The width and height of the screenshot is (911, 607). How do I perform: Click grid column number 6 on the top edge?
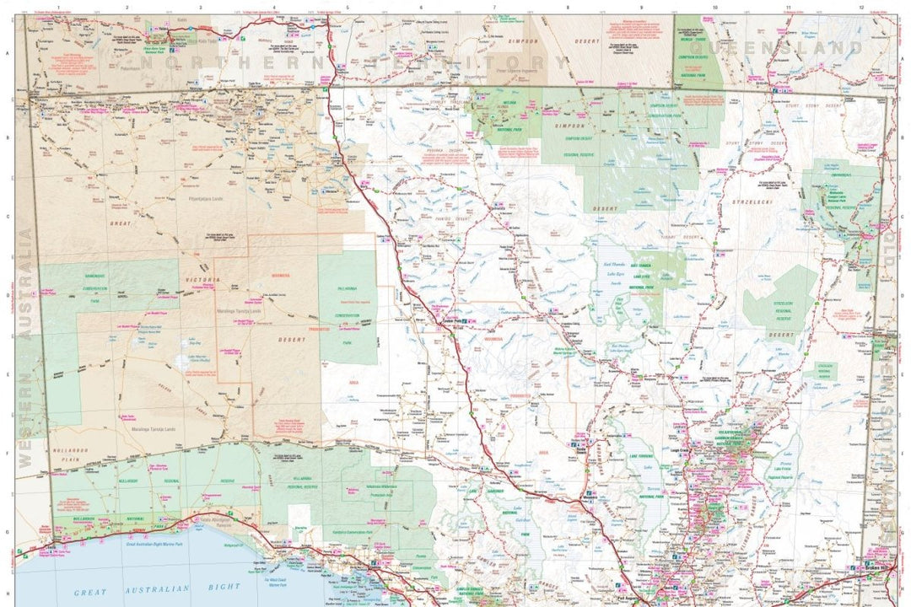point(421,8)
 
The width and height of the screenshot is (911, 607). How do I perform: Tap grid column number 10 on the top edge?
point(714,8)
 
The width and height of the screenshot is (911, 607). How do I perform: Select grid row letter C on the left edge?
point(8,217)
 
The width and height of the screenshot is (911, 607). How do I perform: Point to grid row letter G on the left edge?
point(8,533)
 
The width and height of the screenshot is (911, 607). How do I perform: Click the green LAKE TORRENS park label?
point(641,456)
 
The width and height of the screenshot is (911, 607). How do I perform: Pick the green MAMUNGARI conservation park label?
point(94,276)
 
